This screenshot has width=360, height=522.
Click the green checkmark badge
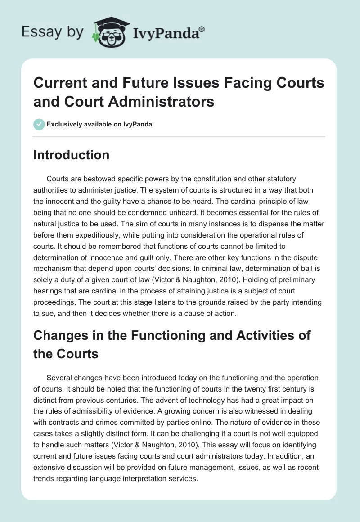tap(39, 124)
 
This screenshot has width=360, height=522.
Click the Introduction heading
tap(71, 155)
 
